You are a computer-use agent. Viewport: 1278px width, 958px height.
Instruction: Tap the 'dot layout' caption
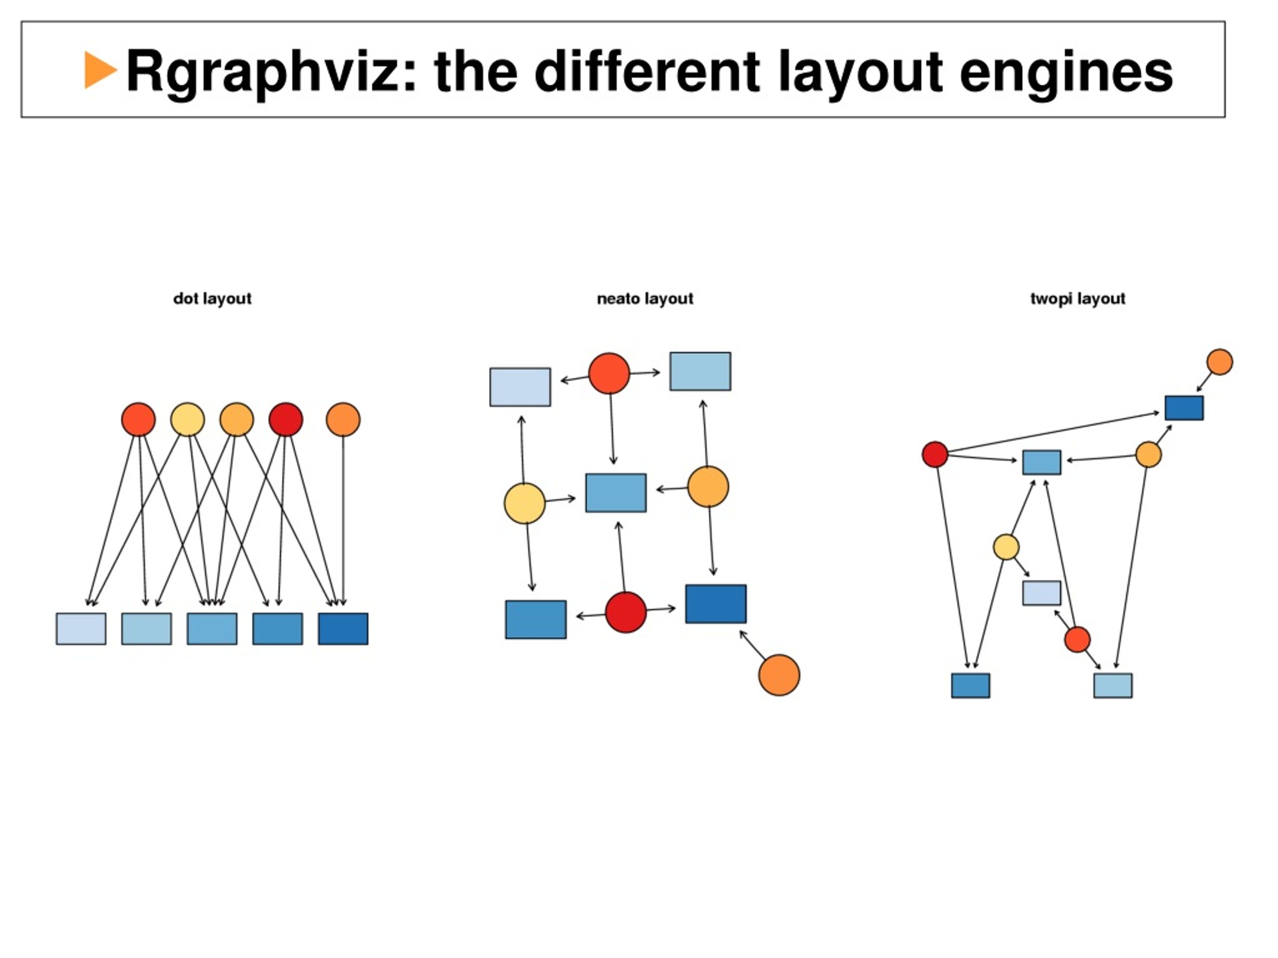tap(212, 298)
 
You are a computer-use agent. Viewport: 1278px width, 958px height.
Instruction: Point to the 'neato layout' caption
tap(645, 298)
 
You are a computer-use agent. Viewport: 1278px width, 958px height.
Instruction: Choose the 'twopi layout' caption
tap(1077, 298)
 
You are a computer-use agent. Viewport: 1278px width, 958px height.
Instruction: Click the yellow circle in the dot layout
tap(187, 419)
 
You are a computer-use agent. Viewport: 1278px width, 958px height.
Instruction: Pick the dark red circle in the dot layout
tap(286, 419)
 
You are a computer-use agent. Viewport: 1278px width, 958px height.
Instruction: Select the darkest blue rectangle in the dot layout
tap(342, 628)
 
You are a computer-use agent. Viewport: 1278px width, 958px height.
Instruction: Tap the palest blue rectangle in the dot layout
tap(81, 628)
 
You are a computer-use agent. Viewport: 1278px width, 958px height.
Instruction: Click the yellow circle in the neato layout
tap(525, 503)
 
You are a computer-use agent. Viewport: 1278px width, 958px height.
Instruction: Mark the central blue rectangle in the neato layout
tap(616, 492)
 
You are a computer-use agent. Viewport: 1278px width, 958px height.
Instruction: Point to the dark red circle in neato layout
tap(626, 612)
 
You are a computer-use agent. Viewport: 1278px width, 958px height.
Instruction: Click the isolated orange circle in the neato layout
tap(779, 675)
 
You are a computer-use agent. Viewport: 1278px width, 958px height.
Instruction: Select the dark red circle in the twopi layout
tap(935, 455)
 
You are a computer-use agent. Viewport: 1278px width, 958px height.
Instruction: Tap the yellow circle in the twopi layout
tap(1006, 547)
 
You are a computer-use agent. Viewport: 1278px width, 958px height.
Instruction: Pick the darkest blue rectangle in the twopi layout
tap(1184, 408)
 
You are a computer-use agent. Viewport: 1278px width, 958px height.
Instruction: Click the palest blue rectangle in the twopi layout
tap(1042, 593)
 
